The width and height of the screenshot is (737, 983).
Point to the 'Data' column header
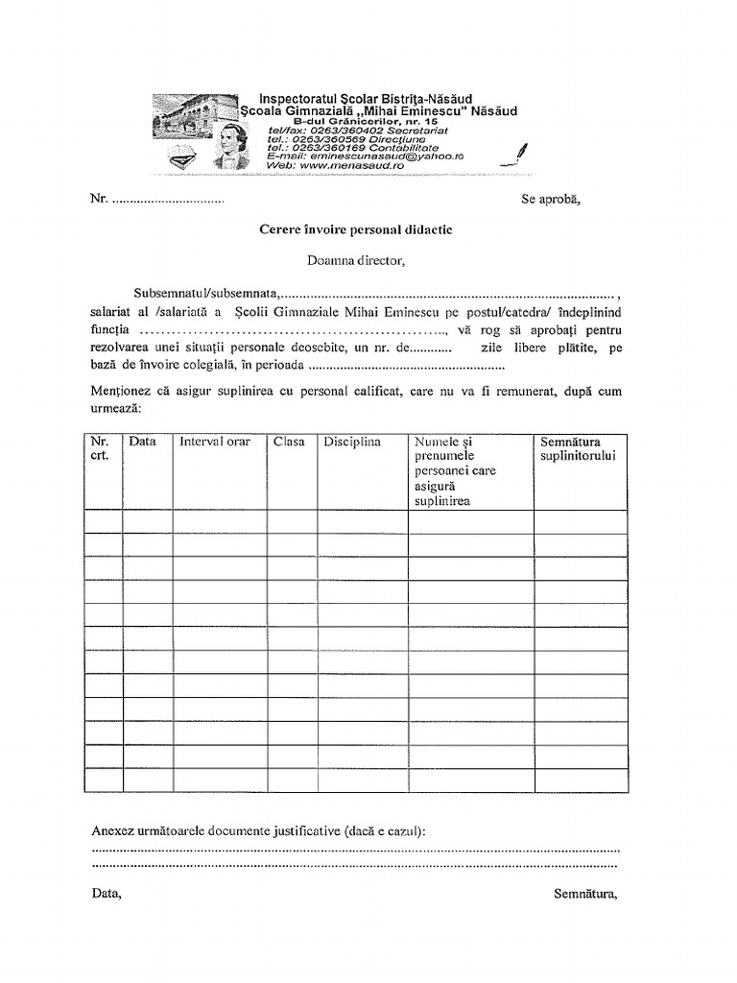(x=142, y=442)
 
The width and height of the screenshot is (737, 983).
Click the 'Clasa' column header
(x=289, y=442)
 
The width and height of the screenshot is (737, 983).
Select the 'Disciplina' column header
(x=352, y=442)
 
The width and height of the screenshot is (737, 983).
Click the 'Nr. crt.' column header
(x=100, y=448)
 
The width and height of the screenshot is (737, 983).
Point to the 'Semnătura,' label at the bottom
(x=585, y=893)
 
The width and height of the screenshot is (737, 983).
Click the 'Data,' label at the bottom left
(x=107, y=893)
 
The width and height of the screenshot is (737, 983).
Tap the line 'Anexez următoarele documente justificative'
(x=259, y=830)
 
